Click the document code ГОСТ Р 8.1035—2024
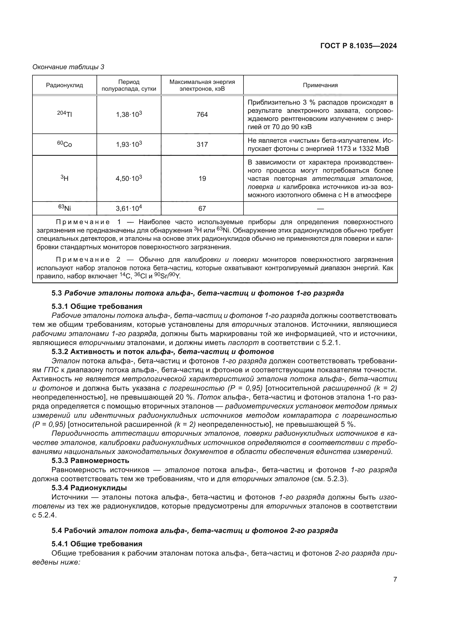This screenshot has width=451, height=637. click(x=359, y=46)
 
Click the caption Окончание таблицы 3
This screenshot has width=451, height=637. click(x=68, y=67)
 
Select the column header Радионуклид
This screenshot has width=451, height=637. click(x=64, y=85)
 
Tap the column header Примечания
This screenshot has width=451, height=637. click(x=320, y=85)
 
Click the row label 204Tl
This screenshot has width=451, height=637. click(x=64, y=114)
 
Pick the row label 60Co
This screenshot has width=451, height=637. click(x=64, y=144)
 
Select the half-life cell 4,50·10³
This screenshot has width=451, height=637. click(x=129, y=178)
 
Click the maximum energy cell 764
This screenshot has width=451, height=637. click(x=202, y=115)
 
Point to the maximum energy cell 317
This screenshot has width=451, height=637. click(x=202, y=145)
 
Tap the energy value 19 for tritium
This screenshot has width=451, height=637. click(x=202, y=178)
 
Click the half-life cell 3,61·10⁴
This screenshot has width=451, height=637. click(x=129, y=208)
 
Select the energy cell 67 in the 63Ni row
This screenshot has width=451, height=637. click(x=202, y=208)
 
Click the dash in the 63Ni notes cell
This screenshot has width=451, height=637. click(x=320, y=208)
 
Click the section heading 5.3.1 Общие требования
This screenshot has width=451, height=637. click(x=97, y=306)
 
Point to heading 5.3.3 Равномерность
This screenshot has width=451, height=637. click(x=90, y=461)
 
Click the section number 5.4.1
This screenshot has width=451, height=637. click(x=60, y=544)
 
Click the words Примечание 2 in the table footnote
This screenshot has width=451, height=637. click(x=88, y=260)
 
